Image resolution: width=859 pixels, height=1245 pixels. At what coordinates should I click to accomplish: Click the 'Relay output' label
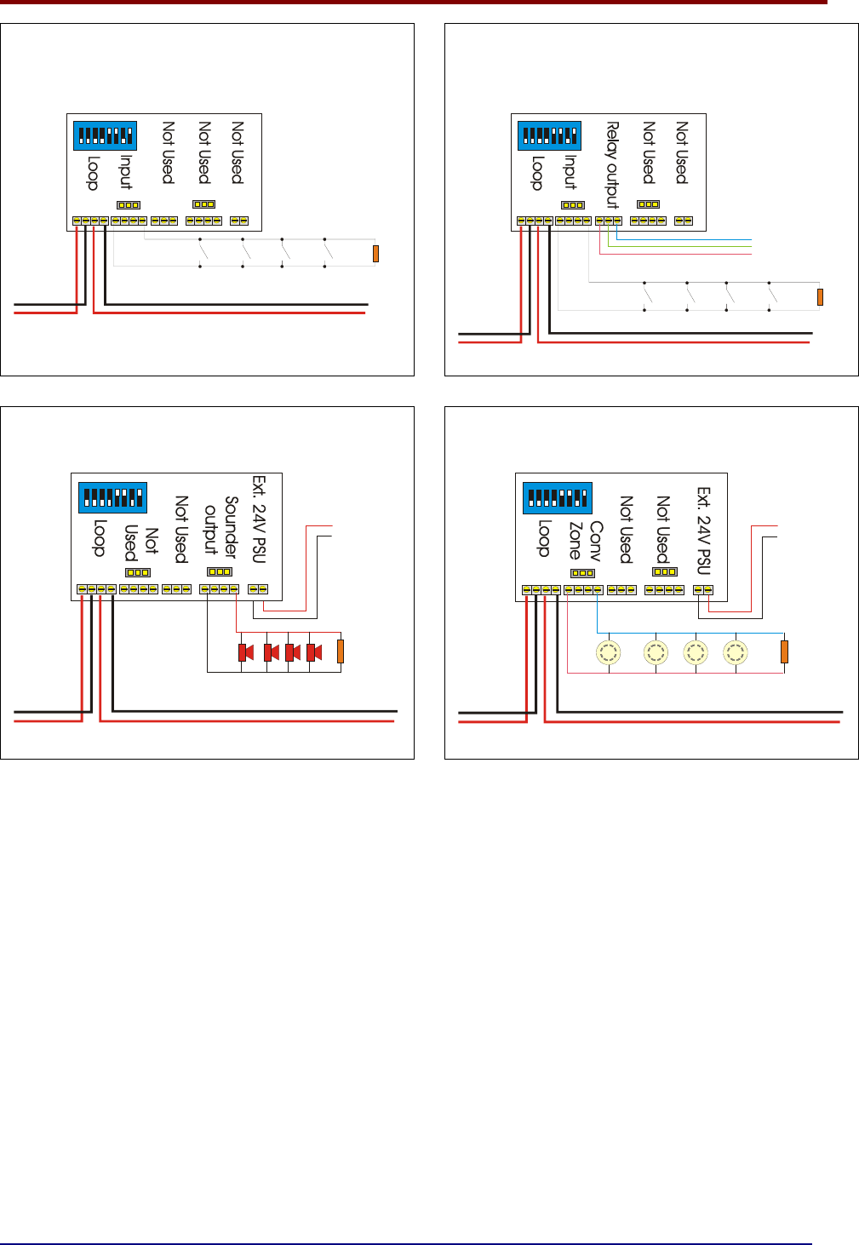[x=612, y=165]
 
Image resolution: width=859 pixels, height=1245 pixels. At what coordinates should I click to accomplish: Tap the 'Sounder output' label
[x=221, y=527]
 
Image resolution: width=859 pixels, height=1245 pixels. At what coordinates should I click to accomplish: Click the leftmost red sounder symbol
[x=245, y=652]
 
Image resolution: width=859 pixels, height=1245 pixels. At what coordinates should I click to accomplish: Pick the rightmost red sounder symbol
[x=314, y=652]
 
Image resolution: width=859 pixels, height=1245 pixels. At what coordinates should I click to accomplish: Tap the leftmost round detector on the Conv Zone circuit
[x=609, y=652]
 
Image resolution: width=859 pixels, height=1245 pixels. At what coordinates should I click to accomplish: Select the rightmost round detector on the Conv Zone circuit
[x=735, y=652]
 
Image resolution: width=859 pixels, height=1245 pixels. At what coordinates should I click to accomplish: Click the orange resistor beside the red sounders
[x=341, y=651]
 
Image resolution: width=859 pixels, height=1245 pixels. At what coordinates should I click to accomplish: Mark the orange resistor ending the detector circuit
[x=784, y=651]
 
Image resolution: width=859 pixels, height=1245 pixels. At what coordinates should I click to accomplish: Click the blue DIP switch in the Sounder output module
[x=112, y=497]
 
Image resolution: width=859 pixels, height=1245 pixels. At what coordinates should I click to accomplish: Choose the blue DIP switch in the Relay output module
[x=549, y=135]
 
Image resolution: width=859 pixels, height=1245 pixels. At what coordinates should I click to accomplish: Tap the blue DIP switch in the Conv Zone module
[x=558, y=498]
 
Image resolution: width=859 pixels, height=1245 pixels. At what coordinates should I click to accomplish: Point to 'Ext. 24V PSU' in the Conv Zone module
[x=704, y=531]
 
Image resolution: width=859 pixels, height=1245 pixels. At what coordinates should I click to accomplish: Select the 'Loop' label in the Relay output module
[x=537, y=173]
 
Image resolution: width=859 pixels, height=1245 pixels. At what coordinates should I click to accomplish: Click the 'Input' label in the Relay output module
[x=570, y=172]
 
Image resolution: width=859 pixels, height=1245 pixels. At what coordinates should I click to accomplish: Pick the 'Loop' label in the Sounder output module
[x=100, y=538]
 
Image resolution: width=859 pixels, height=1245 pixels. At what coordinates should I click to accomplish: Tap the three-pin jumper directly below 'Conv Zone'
[x=583, y=573]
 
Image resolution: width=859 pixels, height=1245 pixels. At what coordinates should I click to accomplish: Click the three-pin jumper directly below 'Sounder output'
[x=220, y=571]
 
